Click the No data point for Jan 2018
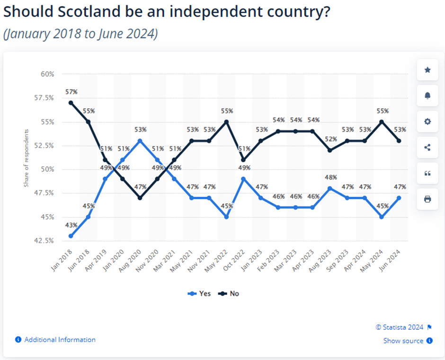tap(71, 103)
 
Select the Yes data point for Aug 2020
tap(140, 141)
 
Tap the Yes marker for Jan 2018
tap(71, 236)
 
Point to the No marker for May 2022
tap(226, 122)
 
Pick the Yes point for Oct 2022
tap(244, 179)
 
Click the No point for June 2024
tap(399, 141)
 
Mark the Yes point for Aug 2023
tap(330, 188)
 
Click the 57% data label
tap(71, 92)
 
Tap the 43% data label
tap(71, 225)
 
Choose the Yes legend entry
tap(199, 294)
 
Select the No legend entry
tap(229, 294)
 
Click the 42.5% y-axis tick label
tap(44, 241)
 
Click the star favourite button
tap(427, 70)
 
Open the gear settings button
tap(427, 121)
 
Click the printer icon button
tap(427, 199)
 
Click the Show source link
tap(403, 341)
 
